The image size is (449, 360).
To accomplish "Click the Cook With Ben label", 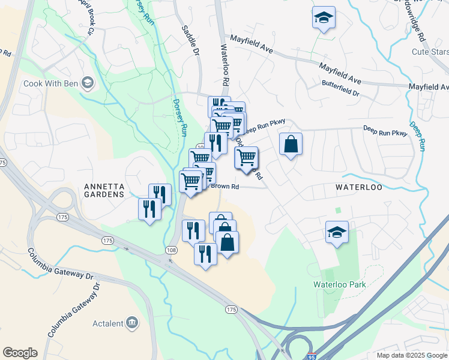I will pyautogui.click(x=50, y=83).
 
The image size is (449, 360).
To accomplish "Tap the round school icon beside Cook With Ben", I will pyautogui.click(x=88, y=83).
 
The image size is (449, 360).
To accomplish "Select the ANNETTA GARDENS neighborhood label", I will pyautogui.click(x=96, y=190).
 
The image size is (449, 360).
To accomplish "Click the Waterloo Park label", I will pyautogui.click(x=339, y=284).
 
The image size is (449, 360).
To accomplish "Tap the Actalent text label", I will pyautogui.click(x=107, y=324).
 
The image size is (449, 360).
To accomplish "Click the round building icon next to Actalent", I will pyautogui.click(x=132, y=324).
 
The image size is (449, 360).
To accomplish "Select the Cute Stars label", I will pyautogui.click(x=427, y=52).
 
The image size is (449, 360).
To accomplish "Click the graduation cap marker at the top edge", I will pyautogui.click(x=324, y=18).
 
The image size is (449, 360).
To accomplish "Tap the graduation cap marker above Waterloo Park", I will pyautogui.click(x=337, y=232).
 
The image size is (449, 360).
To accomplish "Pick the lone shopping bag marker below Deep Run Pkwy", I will pyautogui.click(x=291, y=145).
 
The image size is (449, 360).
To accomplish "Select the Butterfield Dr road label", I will pyautogui.click(x=340, y=94).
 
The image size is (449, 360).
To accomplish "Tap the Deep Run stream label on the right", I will pyautogui.click(x=418, y=136).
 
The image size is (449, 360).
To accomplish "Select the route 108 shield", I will pyautogui.click(x=172, y=249).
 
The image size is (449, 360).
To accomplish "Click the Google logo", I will pyautogui.click(x=20, y=353).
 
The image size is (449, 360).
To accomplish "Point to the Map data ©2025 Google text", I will pyautogui.click(x=411, y=355).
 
